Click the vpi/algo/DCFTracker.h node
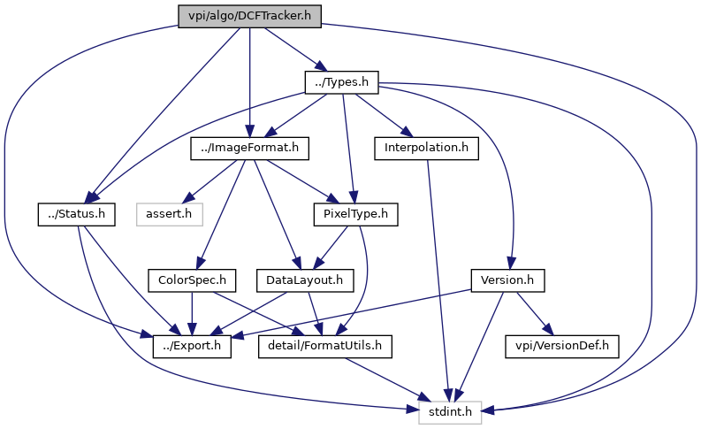(x=249, y=17)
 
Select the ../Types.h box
(x=341, y=82)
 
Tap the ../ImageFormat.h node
(x=249, y=148)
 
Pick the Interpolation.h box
(x=426, y=148)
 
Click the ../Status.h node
(x=76, y=214)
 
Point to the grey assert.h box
(x=170, y=214)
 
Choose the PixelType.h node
(x=356, y=214)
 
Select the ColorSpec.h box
(x=192, y=280)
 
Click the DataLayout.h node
(x=305, y=280)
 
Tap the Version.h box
(x=507, y=280)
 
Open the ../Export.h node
(x=192, y=347)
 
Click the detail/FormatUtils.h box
(x=325, y=347)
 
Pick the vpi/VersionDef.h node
(x=562, y=347)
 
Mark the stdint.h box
(x=450, y=412)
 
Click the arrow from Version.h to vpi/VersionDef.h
(x=535, y=314)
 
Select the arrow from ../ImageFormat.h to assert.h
(x=210, y=181)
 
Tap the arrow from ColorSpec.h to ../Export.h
(x=192, y=314)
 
